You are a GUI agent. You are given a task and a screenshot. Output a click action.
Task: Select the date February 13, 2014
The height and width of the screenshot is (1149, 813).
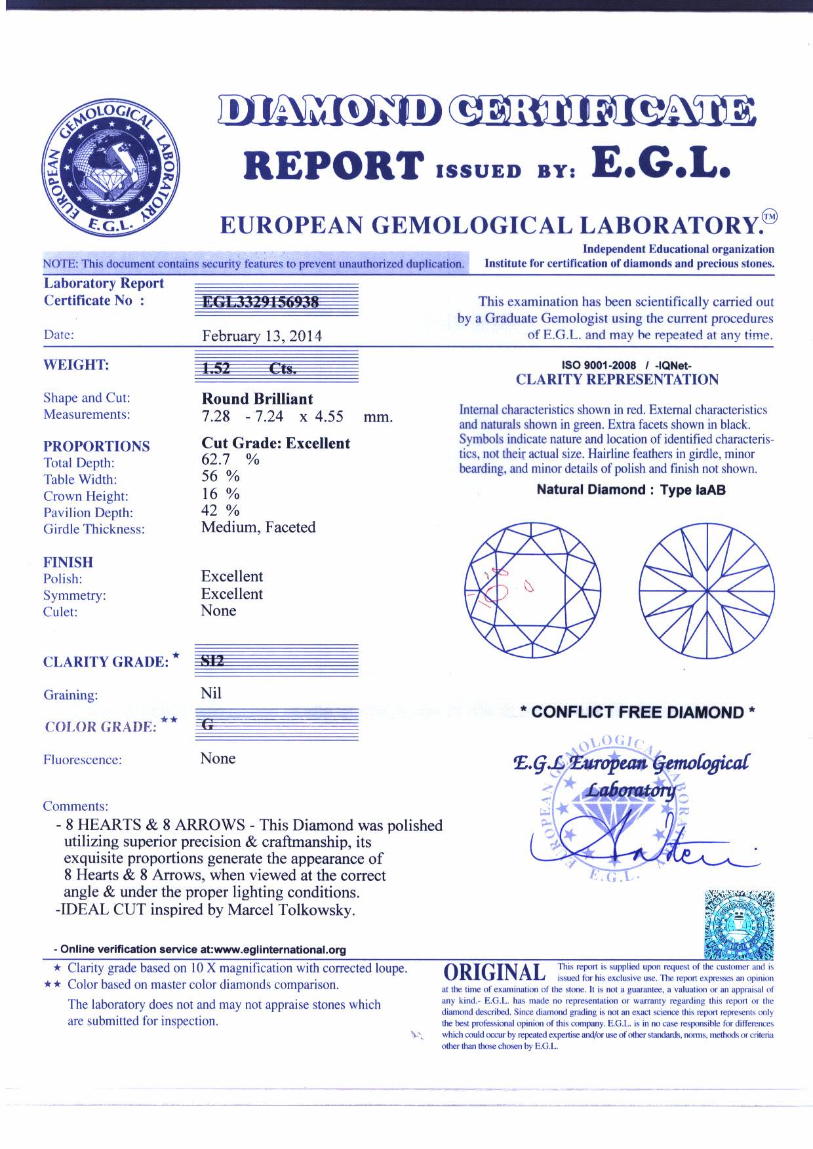tap(262, 336)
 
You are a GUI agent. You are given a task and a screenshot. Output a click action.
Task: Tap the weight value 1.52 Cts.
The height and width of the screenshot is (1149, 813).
tap(249, 368)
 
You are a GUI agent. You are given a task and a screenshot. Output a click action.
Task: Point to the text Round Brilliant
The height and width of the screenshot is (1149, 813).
tap(257, 399)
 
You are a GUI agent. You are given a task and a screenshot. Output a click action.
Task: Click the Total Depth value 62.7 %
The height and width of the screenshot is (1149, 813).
tap(229, 459)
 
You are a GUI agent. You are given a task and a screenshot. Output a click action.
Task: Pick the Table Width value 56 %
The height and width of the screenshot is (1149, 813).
tap(220, 477)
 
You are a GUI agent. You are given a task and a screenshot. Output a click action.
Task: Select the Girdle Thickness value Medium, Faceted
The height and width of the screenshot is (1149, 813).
tap(258, 528)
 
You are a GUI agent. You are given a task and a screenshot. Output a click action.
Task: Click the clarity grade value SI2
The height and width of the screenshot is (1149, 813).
tap(213, 661)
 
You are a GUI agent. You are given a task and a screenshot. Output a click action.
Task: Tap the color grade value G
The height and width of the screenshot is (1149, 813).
tap(208, 726)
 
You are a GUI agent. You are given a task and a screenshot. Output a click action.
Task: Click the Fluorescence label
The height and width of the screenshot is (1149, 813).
tap(83, 760)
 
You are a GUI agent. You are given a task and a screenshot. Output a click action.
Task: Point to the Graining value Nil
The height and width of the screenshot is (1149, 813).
tap(211, 693)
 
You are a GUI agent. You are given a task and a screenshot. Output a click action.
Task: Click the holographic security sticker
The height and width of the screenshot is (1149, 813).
tap(738, 925)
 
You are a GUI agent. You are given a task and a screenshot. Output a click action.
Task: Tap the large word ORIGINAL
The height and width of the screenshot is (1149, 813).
tap(494, 973)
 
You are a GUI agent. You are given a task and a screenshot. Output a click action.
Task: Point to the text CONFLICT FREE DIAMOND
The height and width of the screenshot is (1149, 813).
tap(637, 712)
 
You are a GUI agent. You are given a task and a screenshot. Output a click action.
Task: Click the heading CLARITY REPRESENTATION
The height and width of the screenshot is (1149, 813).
tap(617, 380)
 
